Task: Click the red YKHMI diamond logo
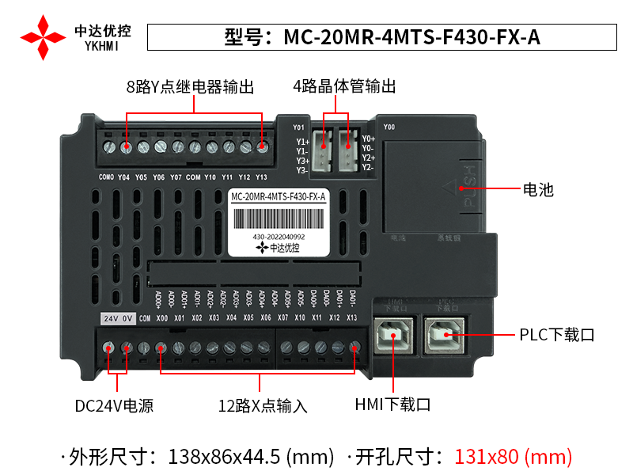[x=43, y=36]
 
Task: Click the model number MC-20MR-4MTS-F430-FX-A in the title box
[x=411, y=37]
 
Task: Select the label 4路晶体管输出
[x=344, y=87]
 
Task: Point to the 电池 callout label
[x=538, y=190]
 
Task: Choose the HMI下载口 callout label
[x=392, y=405]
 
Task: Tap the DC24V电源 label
[x=114, y=406]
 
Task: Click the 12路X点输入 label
[x=263, y=406]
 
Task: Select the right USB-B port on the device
[x=445, y=336]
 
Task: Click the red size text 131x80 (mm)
[x=513, y=456]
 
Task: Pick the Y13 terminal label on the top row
[x=262, y=177]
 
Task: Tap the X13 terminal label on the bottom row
[x=351, y=318]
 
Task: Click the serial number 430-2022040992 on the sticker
[x=279, y=236]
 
